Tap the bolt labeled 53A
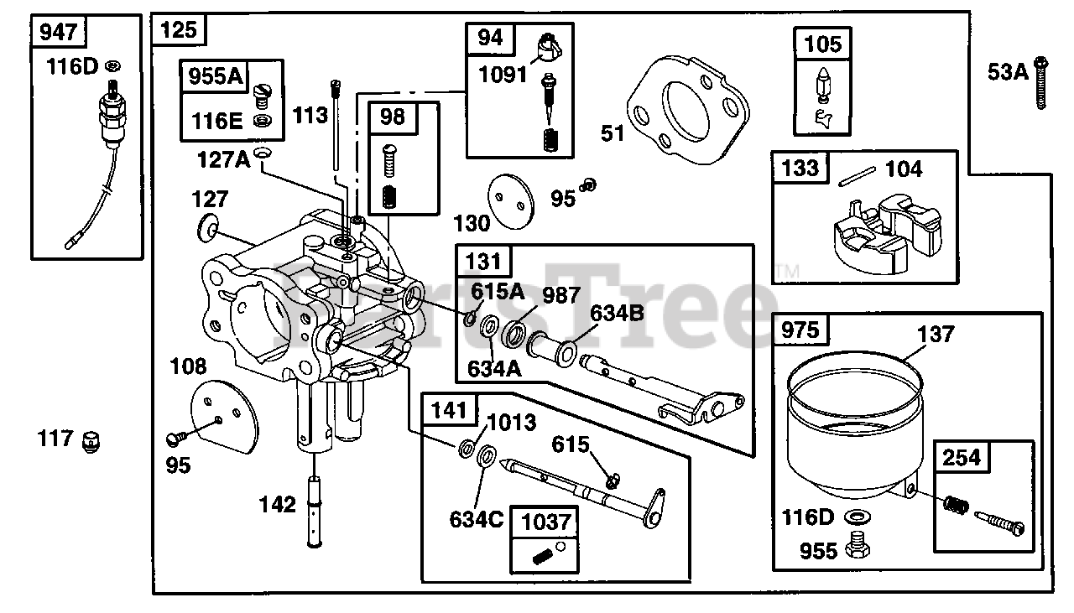[x=1041, y=83]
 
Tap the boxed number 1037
[x=543, y=522]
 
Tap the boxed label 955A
[x=214, y=76]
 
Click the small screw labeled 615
[x=613, y=479]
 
